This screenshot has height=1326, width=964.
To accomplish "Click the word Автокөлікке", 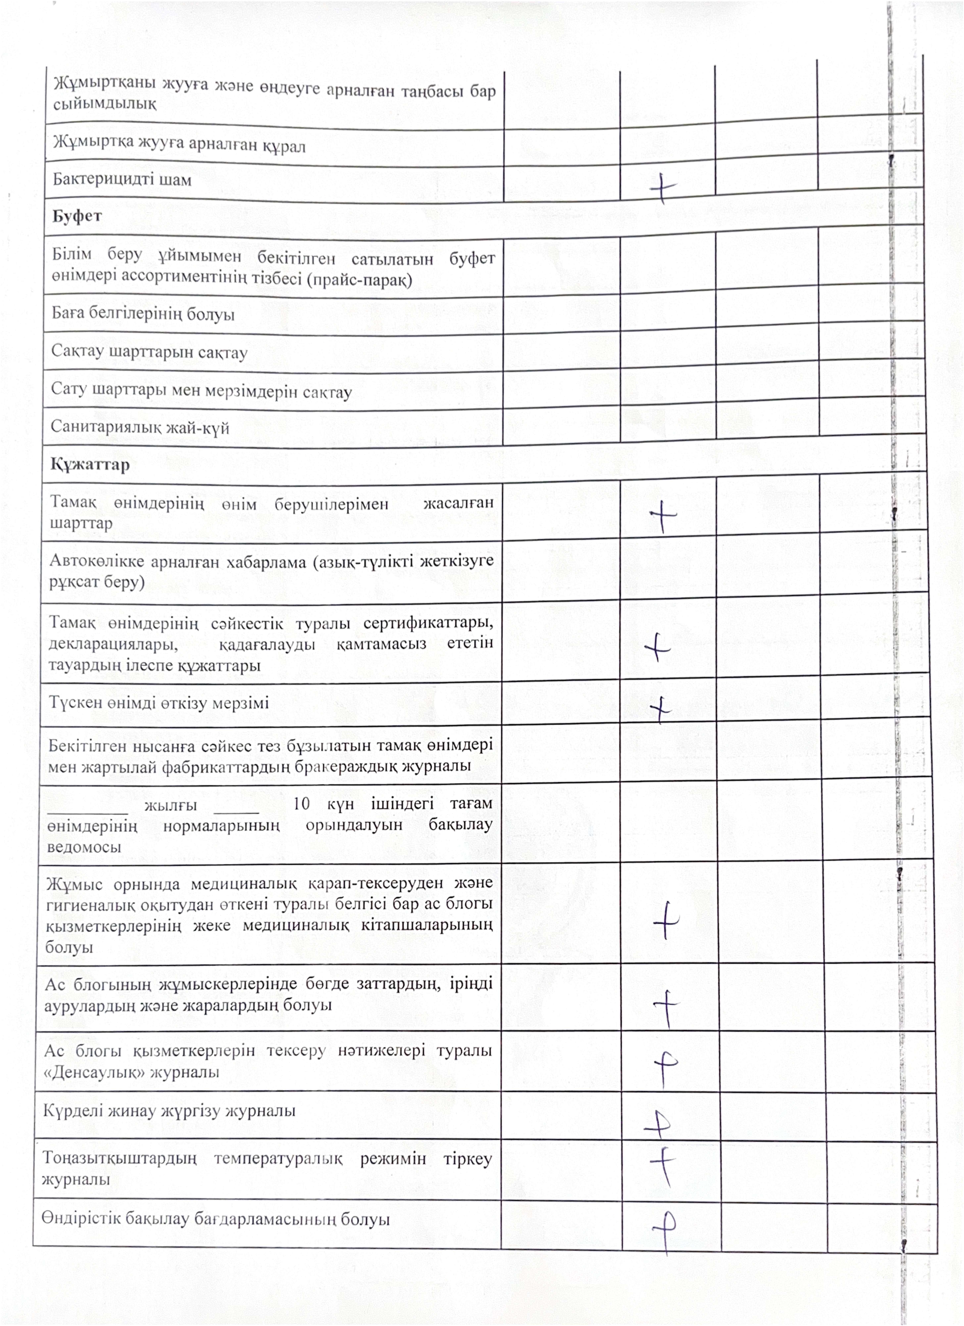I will click(97, 561).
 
